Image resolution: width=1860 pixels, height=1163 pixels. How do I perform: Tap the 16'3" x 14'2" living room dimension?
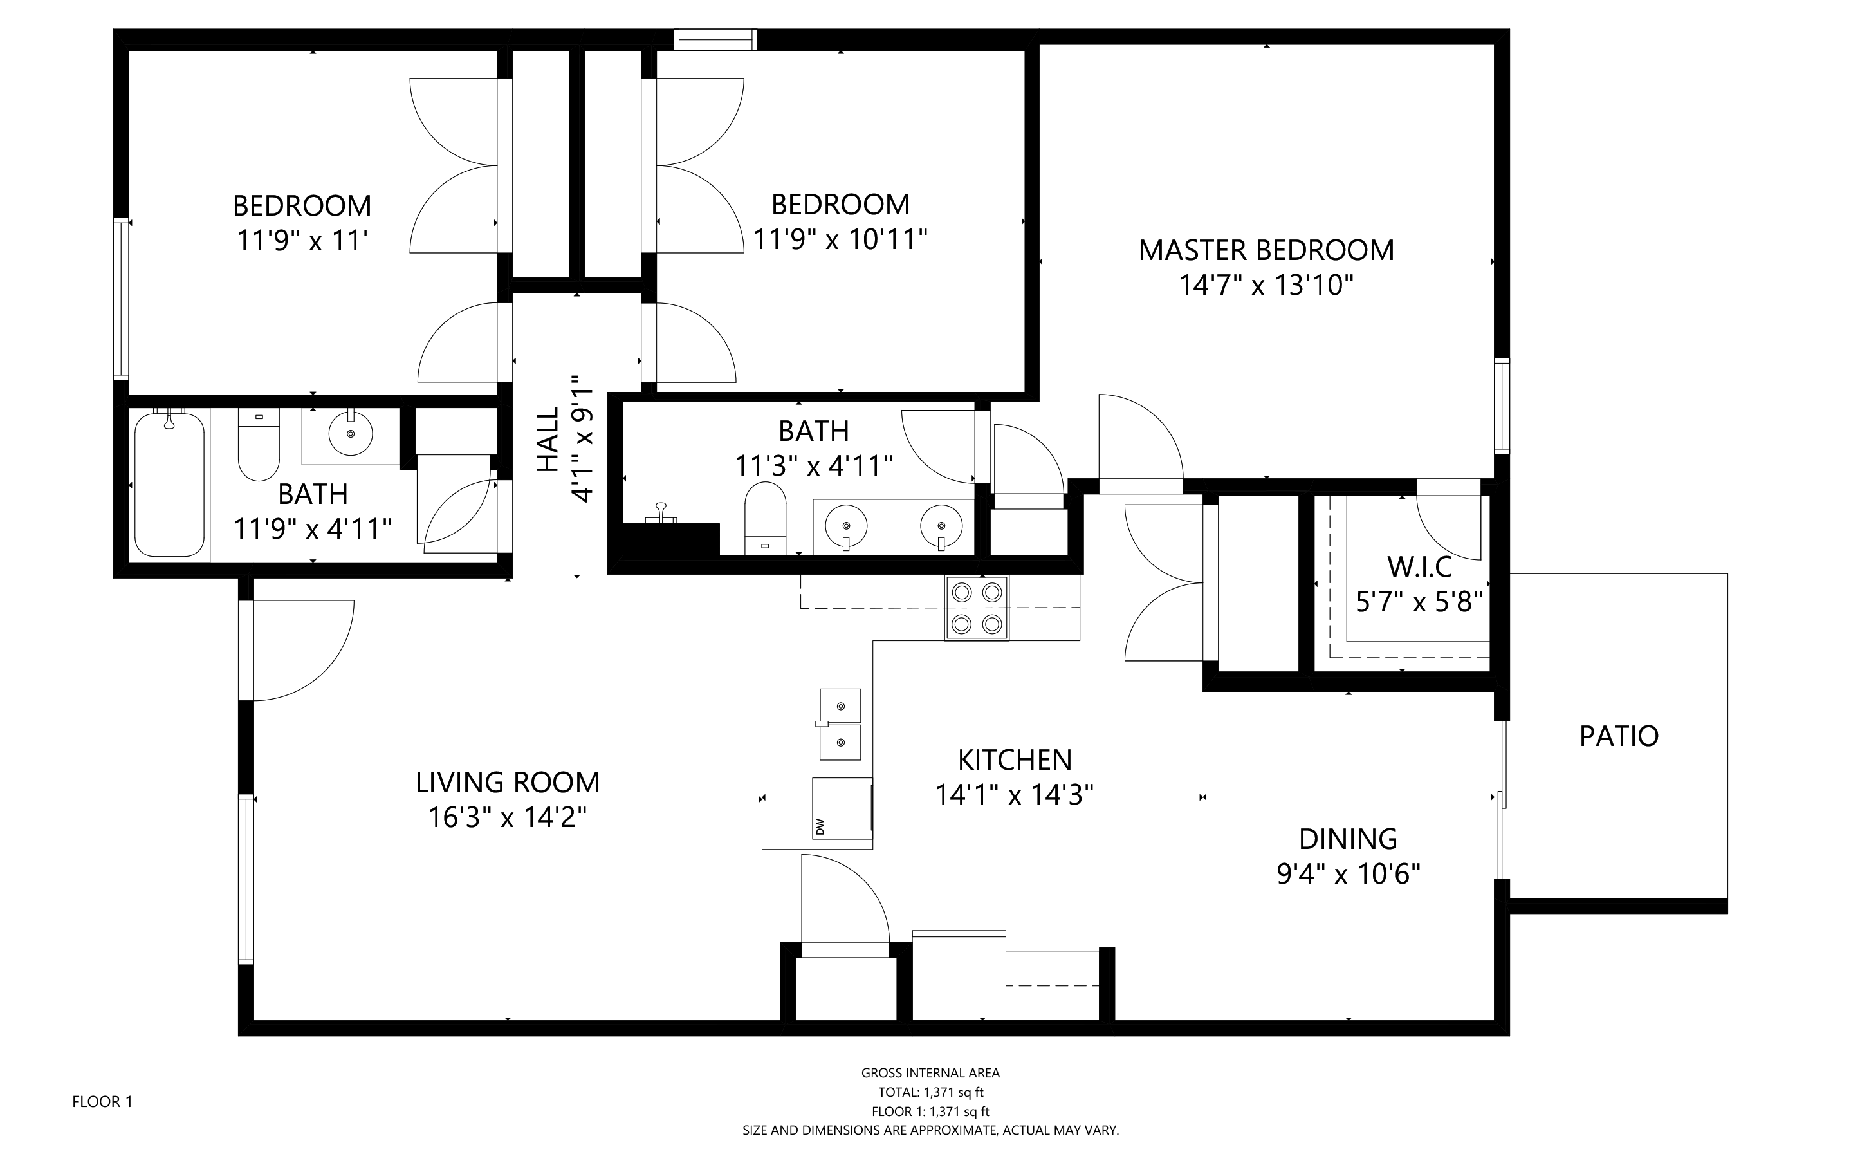tap(508, 817)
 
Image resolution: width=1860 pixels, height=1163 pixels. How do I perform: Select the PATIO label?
tap(1619, 736)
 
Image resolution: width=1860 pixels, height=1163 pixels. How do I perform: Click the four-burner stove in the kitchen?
tap(977, 608)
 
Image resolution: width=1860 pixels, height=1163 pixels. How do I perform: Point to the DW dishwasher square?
tap(842, 808)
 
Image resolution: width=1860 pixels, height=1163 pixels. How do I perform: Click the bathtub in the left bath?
tap(169, 485)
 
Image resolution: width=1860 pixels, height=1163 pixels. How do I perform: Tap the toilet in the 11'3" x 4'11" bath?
tap(765, 517)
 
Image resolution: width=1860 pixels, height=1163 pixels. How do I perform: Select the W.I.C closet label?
tap(1419, 568)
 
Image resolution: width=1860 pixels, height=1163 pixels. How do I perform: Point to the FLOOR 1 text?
tap(102, 1101)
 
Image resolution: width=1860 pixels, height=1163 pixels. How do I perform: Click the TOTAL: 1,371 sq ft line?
tap(930, 1092)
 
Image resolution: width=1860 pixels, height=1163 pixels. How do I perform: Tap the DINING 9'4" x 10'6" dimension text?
tap(1348, 875)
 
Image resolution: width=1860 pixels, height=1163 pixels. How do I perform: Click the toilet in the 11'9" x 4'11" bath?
tap(259, 446)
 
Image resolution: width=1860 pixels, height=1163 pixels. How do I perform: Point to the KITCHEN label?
tap(1014, 760)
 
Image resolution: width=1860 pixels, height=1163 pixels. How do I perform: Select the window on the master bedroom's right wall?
tap(1501, 405)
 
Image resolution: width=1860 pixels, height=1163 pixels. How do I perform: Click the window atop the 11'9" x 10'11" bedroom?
tap(715, 39)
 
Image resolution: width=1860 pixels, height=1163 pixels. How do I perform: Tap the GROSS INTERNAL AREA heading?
tap(930, 1073)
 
